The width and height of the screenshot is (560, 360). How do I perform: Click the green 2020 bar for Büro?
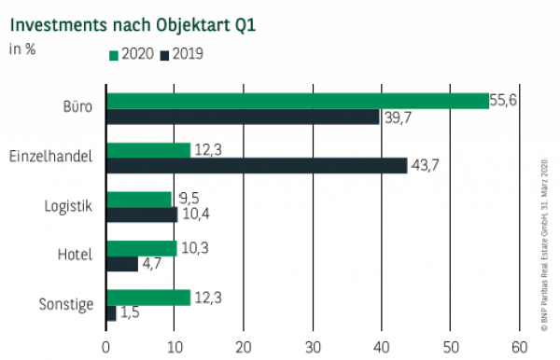pyautogui.click(x=298, y=101)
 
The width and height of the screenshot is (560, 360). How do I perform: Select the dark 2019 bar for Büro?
pyautogui.click(x=243, y=117)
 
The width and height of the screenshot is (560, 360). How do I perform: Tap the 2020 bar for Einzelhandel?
pyautogui.click(x=148, y=149)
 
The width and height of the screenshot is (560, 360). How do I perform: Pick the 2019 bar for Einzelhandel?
pyautogui.click(x=257, y=165)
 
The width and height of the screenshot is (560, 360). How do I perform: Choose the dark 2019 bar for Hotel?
pyautogui.click(x=122, y=264)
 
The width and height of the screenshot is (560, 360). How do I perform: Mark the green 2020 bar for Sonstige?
pyautogui.click(x=148, y=297)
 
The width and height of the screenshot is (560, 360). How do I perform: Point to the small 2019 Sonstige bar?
pyautogui.click(x=111, y=313)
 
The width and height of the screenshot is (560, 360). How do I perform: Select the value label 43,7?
pyautogui.click(x=426, y=165)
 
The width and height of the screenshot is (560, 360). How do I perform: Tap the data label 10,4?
pyautogui.click(x=195, y=215)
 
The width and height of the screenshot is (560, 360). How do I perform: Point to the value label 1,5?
pyautogui.click(x=131, y=313)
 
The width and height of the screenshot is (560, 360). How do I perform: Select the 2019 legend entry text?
pyautogui.click(x=187, y=55)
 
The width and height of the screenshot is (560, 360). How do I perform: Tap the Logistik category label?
pyautogui.click(x=69, y=206)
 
